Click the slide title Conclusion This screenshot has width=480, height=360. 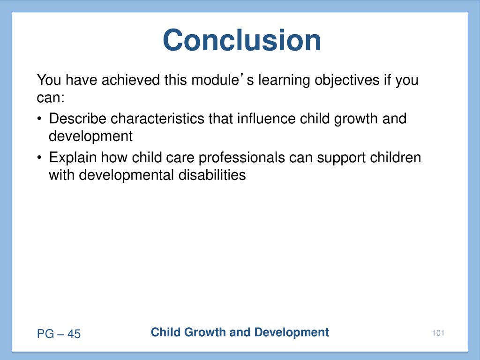242,40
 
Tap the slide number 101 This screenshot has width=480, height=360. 438,333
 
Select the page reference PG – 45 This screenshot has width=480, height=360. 59,334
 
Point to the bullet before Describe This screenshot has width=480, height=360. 39,119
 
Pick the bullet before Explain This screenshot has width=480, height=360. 39,157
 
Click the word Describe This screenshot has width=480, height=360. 77,119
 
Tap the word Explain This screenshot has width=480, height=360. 73,157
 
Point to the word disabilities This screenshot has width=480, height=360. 212,175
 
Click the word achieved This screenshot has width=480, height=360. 131,80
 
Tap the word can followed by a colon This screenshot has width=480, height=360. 51,97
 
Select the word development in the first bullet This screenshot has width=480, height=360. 90,136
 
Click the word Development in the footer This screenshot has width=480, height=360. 292,332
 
